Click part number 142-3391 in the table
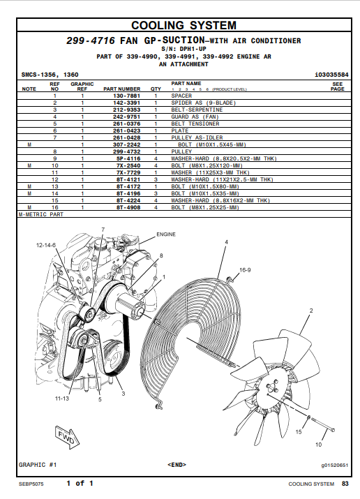pos(126,103)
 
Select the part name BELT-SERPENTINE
pos(197,110)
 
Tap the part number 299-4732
pos(126,151)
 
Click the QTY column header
pos(156,89)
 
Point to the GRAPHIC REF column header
pos(82,87)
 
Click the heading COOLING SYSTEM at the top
pos(183,25)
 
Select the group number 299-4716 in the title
pos(91,40)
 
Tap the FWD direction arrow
pos(67,437)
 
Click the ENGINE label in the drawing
pos(166,234)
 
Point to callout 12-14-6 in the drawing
pos(46,245)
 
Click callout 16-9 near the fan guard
pos(245,270)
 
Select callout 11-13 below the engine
pos(62,399)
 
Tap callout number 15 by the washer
pos(299,432)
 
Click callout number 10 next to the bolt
pos(318,445)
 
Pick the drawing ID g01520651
pos(335,466)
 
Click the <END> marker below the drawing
pos(177,465)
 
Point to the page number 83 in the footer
pos(345,484)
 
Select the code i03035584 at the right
pos(331,75)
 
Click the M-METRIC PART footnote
pos(41,214)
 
